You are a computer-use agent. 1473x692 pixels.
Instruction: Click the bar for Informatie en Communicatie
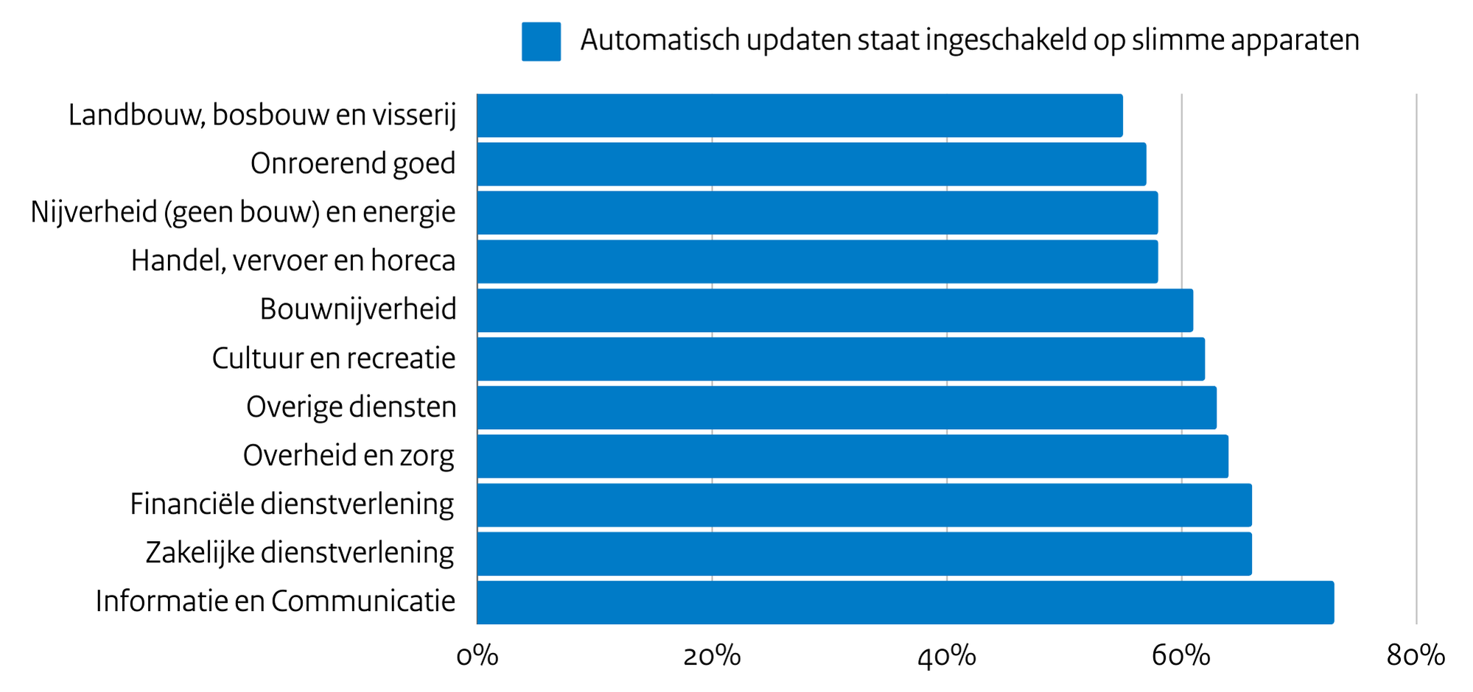click(905, 602)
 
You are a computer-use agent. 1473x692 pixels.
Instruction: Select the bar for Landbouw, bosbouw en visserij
click(800, 116)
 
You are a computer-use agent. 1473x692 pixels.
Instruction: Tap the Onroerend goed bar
click(811, 164)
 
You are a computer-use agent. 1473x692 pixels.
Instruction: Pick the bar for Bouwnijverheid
click(835, 310)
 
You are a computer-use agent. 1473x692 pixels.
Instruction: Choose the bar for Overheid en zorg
click(853, 456)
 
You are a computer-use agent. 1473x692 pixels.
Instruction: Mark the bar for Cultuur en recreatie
click(841, 359)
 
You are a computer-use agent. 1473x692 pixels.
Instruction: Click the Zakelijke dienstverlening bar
click(864, 554)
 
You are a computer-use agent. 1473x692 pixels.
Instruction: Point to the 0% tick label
click(477, 656)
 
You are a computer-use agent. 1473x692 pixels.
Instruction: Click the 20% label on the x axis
click(712, 656)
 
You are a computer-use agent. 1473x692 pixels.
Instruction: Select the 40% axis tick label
click(947, 656)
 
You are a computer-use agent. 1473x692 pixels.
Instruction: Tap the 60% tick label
click(1181, 656)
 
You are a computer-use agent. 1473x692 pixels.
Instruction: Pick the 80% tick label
click(1416, 656)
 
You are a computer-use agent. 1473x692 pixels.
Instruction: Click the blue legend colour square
click(541, 41)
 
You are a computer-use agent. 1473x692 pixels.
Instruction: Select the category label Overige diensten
click(351, 407)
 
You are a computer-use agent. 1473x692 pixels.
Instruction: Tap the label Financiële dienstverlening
click(292, 505)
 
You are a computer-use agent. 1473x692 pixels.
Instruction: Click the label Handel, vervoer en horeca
click(293, 261)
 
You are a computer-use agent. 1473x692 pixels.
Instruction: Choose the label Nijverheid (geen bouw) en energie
click(243, 213)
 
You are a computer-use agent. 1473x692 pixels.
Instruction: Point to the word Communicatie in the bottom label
click(363, 602)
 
